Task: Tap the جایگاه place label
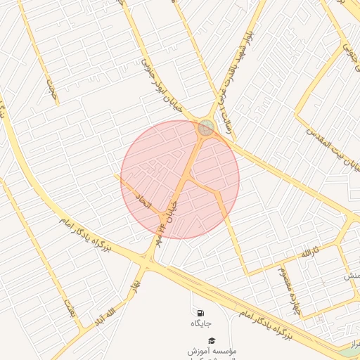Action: pyautogui.click(x=200, y=324)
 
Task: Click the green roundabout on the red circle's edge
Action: pyautogui.click(x=205, y=127)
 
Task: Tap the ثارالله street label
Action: pyautogui.click(x=309, y=251)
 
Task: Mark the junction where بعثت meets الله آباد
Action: pyautogui.click(x=85, y=329)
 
